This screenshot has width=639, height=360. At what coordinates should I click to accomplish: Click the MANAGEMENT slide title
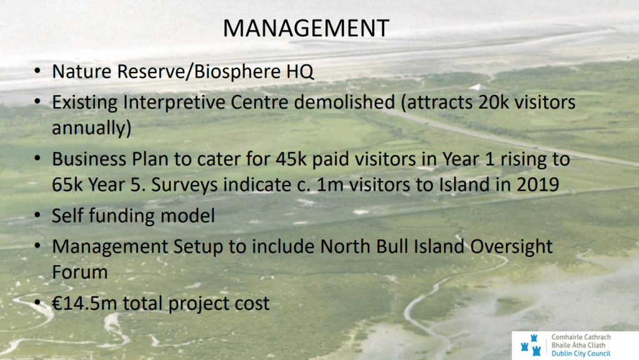click(306, 28)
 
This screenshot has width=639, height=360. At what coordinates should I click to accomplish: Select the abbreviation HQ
click(300, 72)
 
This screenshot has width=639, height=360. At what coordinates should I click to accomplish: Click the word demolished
click(344, 102)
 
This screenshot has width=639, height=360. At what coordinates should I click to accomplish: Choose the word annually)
click(92, 127)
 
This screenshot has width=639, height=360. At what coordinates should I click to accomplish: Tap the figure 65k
click(67, 185)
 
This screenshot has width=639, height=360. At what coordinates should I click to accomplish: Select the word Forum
click(80, 272)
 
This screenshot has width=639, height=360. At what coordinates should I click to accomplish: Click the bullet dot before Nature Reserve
click(37, 71)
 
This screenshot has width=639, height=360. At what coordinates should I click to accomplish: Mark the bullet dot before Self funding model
click(37, 214)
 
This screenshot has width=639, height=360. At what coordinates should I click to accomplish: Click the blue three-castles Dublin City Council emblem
click(531, 345)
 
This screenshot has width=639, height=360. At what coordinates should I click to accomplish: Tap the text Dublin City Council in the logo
click(581, 354)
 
